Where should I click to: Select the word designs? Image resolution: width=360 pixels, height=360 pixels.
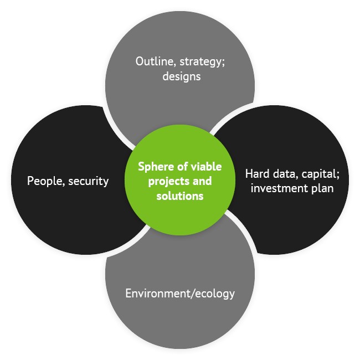181,76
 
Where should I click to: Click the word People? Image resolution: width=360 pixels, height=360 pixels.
47,181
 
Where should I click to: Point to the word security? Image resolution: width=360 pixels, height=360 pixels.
89,181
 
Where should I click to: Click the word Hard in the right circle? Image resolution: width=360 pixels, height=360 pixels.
258,173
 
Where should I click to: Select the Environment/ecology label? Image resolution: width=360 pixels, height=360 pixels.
180,293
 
